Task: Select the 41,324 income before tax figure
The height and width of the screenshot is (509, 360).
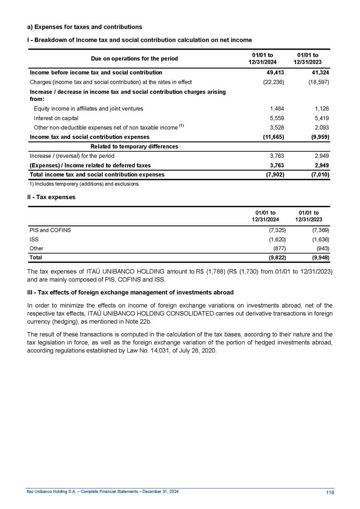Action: coord(320,72)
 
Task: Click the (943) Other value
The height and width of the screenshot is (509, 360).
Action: coord(323,248)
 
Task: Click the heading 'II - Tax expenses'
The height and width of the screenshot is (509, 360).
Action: coord(51,197)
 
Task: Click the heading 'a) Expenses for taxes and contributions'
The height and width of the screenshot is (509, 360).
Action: coord(85,27)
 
